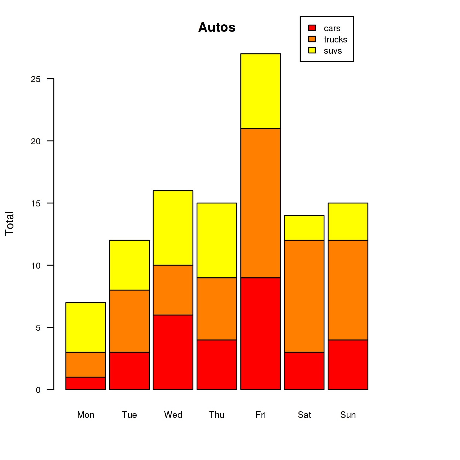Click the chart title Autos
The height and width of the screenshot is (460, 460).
coord(217,27)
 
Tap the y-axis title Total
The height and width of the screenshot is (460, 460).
coord(10,223)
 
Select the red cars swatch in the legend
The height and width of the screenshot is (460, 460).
coord(312,28)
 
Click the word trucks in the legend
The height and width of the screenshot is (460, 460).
coord(335,39)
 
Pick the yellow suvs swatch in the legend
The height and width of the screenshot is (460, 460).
coord(312,50)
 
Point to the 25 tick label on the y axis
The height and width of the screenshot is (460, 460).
coord(36,79)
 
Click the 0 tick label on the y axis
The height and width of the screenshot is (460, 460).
coord(38,390)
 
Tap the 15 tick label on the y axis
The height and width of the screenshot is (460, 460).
coord(36,203)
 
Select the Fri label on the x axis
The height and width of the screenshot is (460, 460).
coord(260,415)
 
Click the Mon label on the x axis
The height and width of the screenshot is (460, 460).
coord(86,415)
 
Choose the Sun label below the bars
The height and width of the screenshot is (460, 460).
coord(348,415)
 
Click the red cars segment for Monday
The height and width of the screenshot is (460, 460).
coord(86,383)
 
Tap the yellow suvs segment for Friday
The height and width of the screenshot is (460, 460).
coord(260,91)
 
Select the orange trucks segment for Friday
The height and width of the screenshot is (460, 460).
coord(260,203)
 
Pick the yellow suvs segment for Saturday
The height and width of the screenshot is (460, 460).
coord(304,228)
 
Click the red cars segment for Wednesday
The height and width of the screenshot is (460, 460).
coord(173,352)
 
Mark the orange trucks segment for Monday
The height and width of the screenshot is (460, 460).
coord(86,364)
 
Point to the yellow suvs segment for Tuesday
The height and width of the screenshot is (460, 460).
coord(130,265)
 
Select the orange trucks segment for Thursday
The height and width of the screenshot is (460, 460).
coord(217,309)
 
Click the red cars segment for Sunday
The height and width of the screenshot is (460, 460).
coord(348,364)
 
